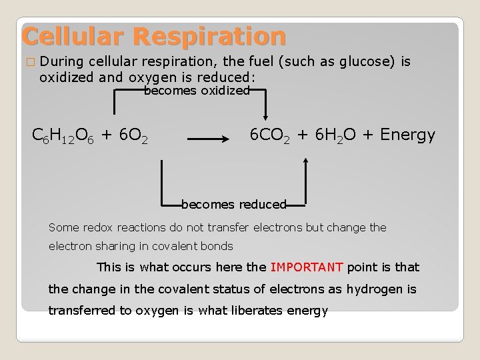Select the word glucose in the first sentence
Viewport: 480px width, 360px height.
[366, 62]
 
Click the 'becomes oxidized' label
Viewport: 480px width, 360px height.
[197, 90]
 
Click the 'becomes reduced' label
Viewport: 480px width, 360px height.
[233, 204]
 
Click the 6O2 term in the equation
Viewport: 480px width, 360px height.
[133, 136]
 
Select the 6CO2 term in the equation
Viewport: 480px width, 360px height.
[270, 135]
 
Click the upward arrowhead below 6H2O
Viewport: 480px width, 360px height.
[305, 161]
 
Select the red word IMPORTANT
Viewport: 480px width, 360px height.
[307, 267]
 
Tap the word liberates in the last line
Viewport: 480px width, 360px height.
[258, 311]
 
